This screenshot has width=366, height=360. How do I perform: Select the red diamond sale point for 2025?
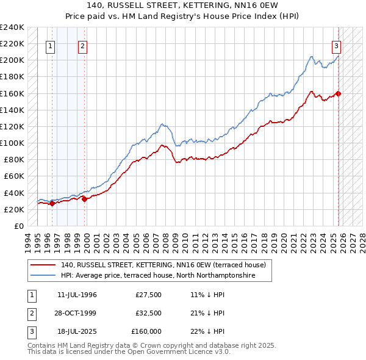[339, 93]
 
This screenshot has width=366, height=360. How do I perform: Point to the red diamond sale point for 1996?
[52, 204]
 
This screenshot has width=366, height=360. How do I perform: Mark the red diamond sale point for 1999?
[85, 199]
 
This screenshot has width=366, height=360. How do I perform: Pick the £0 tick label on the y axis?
[18, 226]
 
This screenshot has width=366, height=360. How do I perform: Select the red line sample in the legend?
[43, 265]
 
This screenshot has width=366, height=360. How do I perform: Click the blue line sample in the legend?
[43, 276]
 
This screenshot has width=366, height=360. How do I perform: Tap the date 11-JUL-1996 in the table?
[77, 295]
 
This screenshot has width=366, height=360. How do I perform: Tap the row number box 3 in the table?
[31, 331]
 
